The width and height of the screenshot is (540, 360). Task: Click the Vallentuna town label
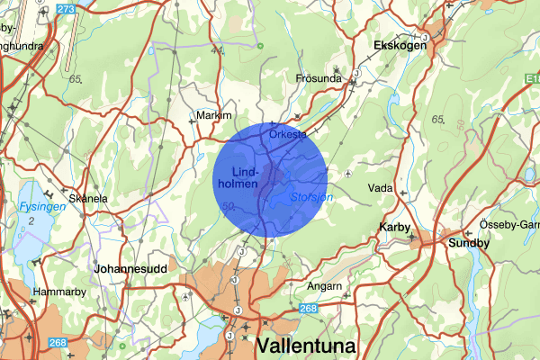307,346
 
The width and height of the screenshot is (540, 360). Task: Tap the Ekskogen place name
401,44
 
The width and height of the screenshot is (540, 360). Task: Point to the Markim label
214,116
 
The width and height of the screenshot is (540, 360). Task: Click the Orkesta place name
288,134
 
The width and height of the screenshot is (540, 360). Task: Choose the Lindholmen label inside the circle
246,176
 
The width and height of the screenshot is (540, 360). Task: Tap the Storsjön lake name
312,197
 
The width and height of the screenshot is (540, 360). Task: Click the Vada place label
380,188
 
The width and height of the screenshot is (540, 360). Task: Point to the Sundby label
469,243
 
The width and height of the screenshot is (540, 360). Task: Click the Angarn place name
325,286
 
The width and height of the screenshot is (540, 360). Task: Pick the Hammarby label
58,292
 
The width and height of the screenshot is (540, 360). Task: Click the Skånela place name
89,198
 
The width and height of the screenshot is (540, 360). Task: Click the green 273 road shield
65,9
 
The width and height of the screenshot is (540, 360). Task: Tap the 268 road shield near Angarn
308,309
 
